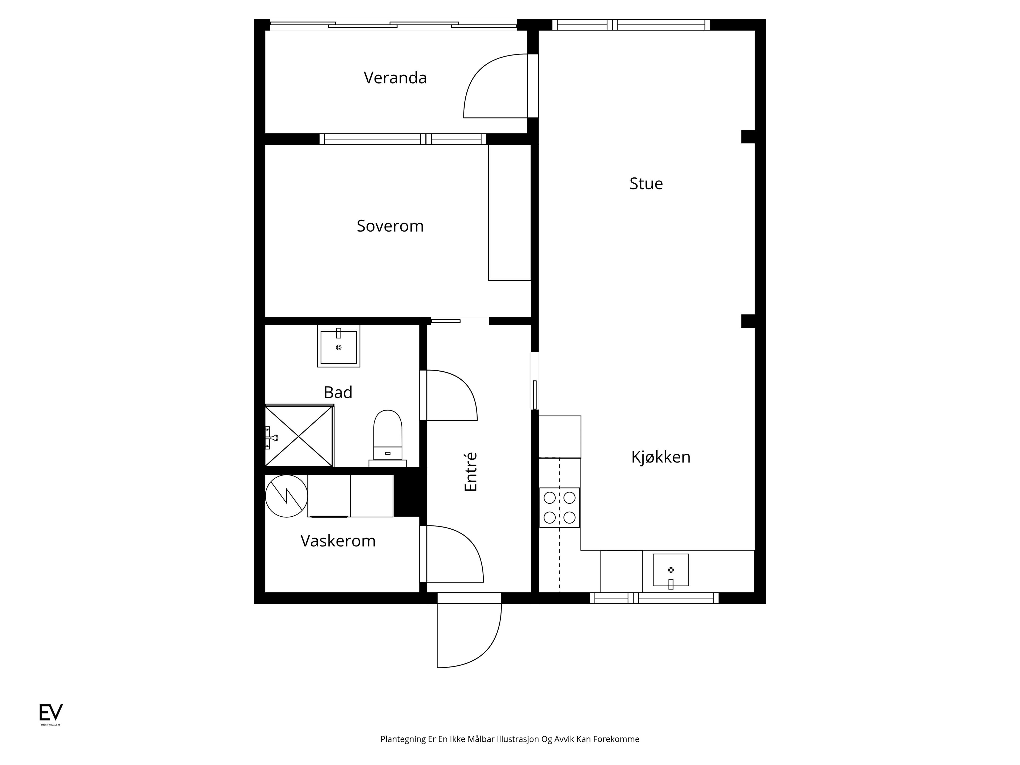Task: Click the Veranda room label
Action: (395, 78)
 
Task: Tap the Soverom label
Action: (390, 226)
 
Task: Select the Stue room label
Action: (646, 184)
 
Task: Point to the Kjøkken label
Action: (661, 457)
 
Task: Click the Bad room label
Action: (338, 392)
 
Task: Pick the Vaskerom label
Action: (338, 541)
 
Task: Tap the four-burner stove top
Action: (559, 508)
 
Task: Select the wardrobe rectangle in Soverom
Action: (509, 212)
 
